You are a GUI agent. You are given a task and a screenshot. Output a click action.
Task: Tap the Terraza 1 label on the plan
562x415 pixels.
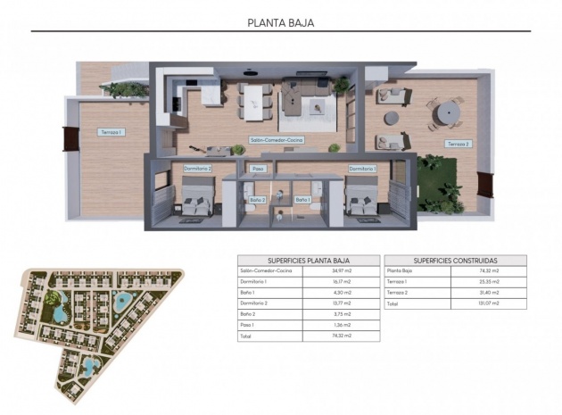(x=111, y=132)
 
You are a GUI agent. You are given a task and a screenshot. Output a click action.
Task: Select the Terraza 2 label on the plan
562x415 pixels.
(x=458, y=144)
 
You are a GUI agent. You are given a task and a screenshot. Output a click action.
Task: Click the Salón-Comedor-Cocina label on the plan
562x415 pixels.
(x=277, y=140)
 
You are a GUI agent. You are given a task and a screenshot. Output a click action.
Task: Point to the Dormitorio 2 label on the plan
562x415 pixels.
(x=197, y=168)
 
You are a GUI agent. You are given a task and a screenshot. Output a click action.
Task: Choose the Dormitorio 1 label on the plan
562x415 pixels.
(x=362, y=168)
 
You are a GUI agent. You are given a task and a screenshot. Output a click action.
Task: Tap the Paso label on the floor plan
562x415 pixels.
(x=259, y=168)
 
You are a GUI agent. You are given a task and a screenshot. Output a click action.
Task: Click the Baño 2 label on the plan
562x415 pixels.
(x=258, y=200)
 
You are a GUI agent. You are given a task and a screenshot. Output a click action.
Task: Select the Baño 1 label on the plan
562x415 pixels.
(x=302, y=200)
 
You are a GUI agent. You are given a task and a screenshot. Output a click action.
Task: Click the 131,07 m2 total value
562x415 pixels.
(x=489, y=303)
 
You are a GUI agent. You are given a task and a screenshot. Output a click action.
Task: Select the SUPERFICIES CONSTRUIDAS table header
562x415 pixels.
(x=455, y=260)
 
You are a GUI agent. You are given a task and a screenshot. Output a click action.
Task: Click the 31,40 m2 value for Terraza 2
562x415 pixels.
(x=489, y=292)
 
